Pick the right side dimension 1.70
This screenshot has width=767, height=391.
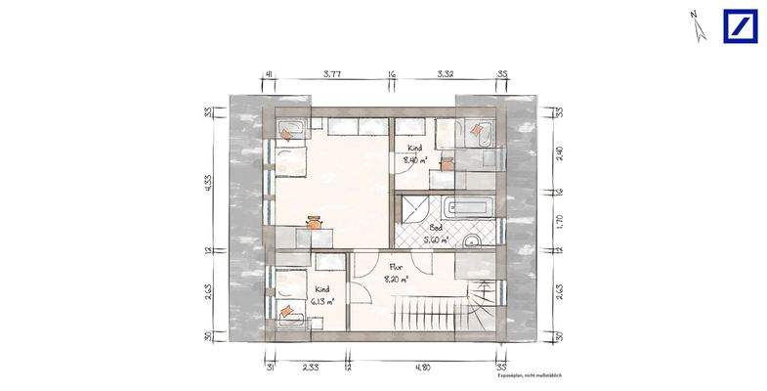560,221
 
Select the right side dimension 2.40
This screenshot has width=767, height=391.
560,153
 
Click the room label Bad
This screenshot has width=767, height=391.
436,226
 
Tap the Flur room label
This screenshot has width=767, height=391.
397,265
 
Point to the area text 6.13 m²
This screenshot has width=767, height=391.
324,302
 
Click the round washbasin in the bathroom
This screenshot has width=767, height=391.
472,240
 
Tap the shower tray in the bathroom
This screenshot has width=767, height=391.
416,207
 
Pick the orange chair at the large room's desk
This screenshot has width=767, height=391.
315,222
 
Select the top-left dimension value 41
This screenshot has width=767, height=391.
268,73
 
